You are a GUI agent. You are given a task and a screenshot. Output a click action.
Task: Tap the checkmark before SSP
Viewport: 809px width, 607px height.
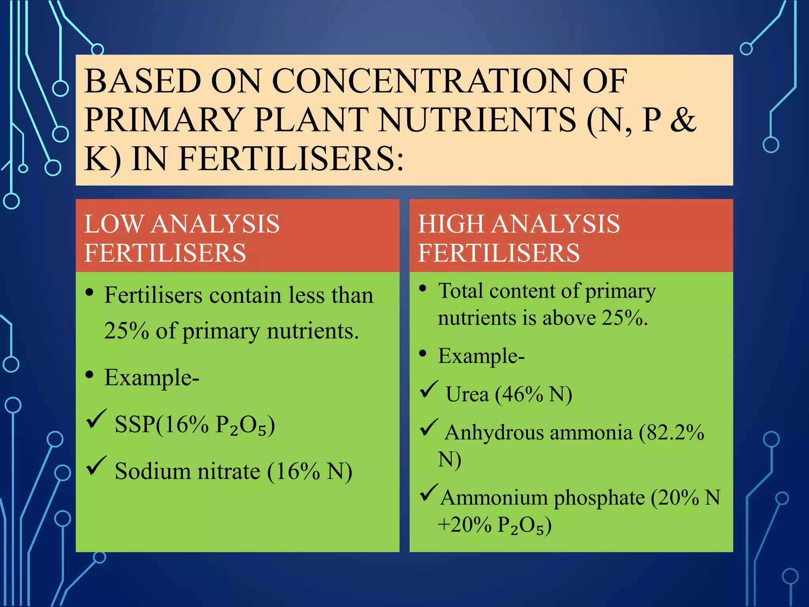(96, 419)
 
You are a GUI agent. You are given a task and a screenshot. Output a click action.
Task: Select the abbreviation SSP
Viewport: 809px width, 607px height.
(135, 425)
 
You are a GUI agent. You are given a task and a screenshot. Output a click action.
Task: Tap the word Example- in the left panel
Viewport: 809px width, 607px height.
(152, 378)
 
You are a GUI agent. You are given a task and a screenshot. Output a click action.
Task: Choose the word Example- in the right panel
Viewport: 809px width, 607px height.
(481, 356)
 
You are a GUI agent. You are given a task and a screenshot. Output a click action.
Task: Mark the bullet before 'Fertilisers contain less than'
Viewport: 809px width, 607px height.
(90, 293)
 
